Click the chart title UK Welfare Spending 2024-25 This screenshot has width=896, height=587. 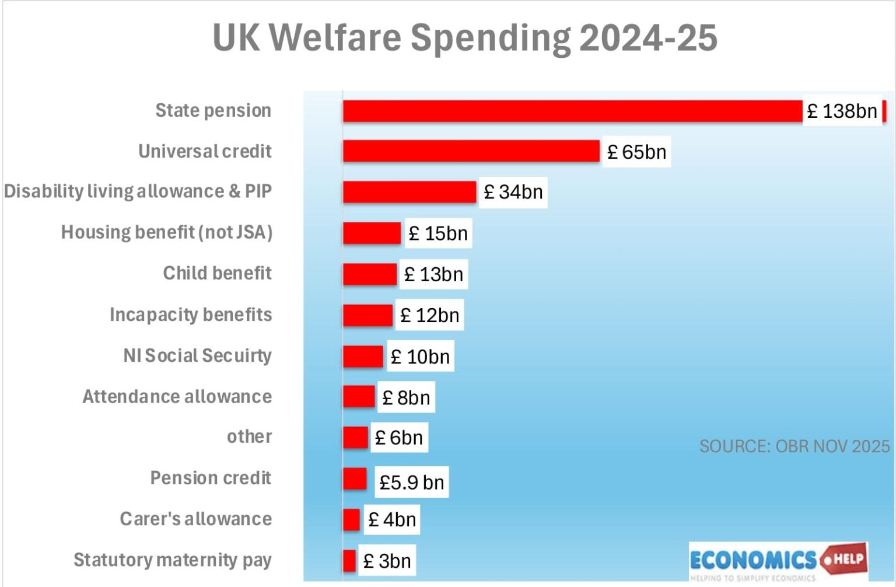coord(465,38)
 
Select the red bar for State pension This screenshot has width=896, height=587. coord(572,111)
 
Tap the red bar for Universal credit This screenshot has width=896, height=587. coord(471,151)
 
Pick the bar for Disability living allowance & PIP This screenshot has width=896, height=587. coord(409,192)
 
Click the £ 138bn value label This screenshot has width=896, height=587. coord(842,111)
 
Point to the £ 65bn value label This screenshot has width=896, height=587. coord(636,152)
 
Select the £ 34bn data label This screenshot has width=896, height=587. coord(513,192)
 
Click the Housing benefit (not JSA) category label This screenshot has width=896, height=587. coord(167,232)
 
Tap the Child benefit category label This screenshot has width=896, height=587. coord(217,273)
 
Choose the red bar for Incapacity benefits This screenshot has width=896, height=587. coord(367,315)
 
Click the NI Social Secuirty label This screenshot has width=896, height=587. coord(197,355)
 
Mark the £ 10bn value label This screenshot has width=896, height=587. coord(420,357)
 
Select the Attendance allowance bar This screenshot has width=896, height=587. coord(358,397)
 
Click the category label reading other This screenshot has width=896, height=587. coord(249,436)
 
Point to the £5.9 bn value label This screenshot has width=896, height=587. coord(411,482)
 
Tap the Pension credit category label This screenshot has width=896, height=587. coord(211,478)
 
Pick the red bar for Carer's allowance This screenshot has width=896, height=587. coord(351,519)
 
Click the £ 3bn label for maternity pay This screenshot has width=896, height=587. coord(387,561)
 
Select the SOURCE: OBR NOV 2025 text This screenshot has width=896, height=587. coord(794,446)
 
